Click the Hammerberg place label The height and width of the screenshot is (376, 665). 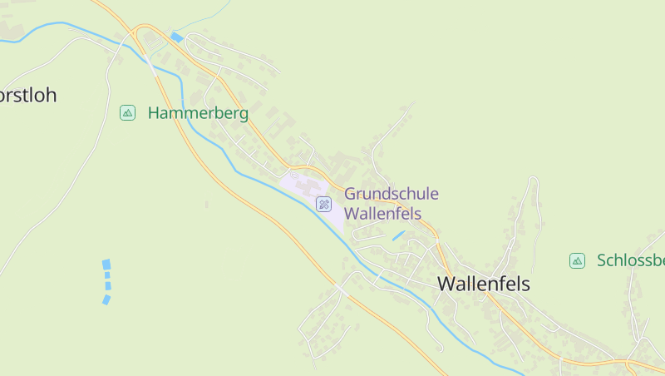198,113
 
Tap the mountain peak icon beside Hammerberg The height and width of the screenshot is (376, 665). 127,112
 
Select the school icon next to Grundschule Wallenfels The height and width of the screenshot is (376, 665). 324,204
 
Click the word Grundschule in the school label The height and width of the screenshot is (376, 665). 392,194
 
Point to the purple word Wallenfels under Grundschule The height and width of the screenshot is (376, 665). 382,213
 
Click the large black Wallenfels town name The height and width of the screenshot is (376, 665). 484,284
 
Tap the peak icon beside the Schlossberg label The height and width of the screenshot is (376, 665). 577,261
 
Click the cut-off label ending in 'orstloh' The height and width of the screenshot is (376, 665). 28,95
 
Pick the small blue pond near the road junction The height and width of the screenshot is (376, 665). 176,37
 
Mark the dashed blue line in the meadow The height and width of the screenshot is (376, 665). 106,281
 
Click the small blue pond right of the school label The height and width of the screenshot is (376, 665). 398,235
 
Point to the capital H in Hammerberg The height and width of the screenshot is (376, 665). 154,113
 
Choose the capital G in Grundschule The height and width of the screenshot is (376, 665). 351,194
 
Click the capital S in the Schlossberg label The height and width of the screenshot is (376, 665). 602,260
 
